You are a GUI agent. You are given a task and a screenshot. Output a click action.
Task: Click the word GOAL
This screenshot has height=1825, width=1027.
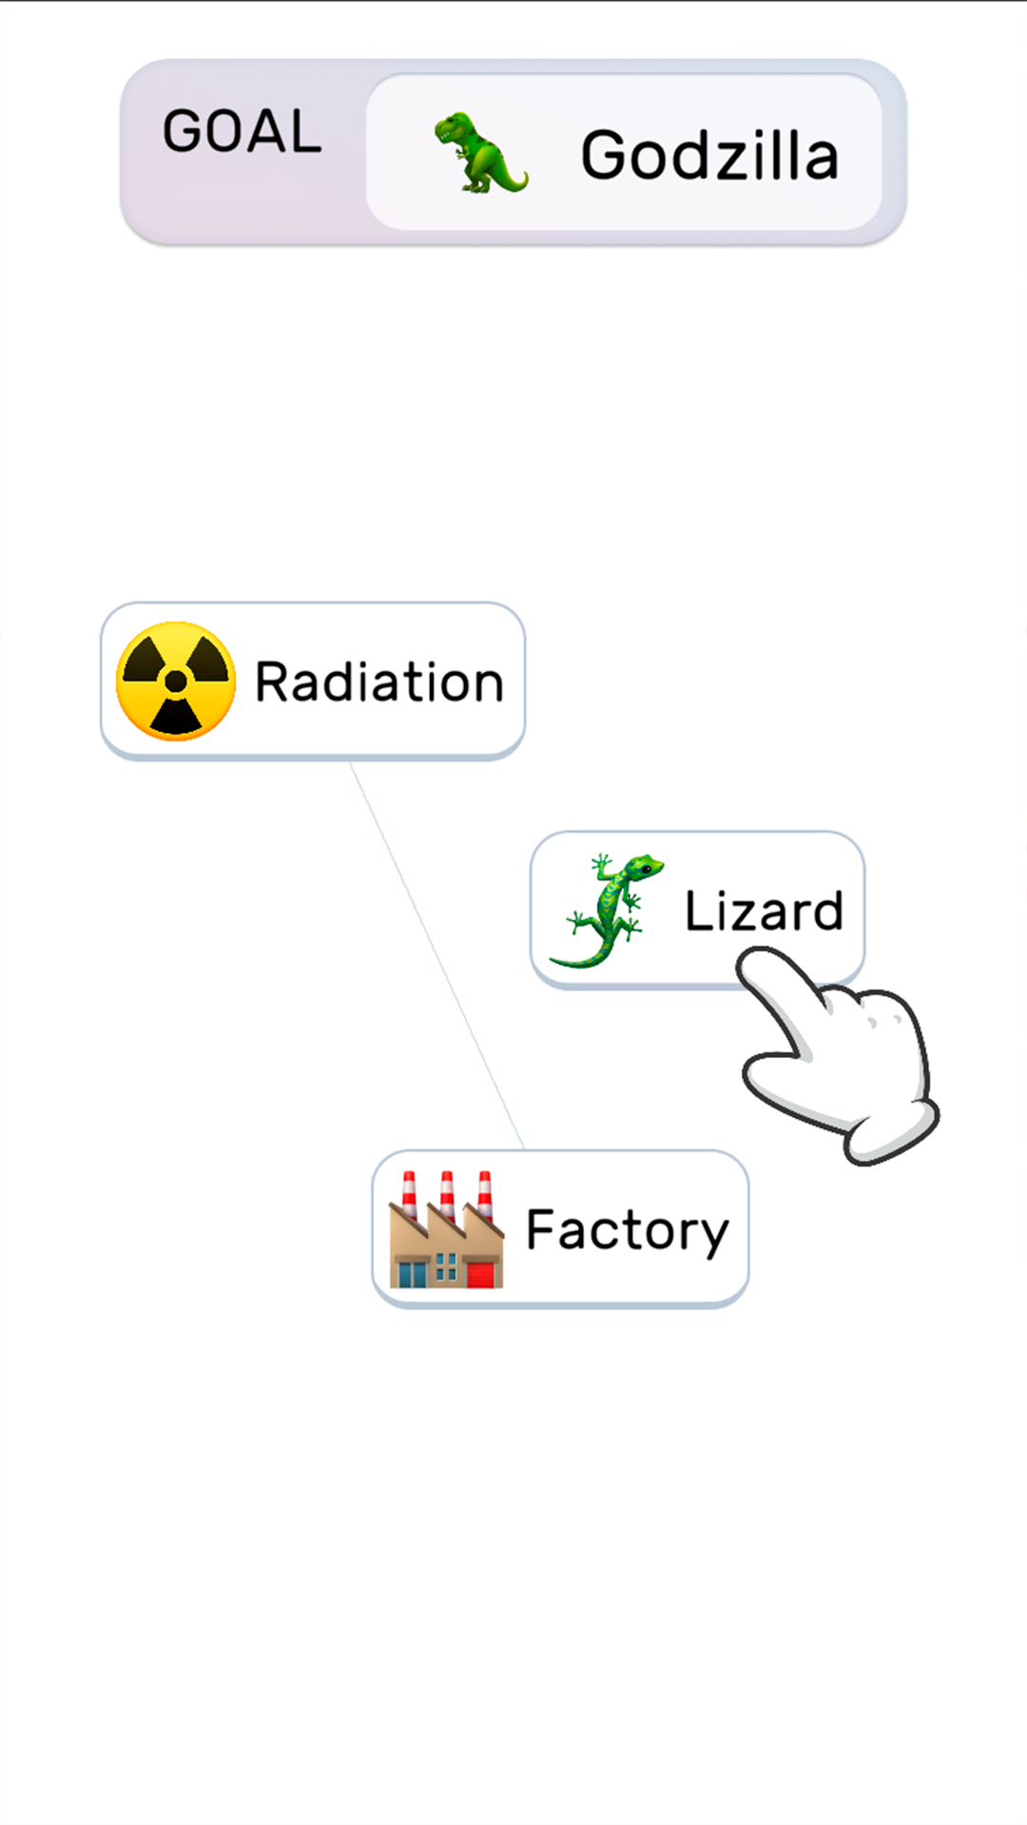[242, 131]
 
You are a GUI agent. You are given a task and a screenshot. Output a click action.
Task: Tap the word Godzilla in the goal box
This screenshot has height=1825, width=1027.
[709, 155]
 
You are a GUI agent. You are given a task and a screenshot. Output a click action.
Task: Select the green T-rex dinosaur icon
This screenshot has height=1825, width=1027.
[478, 152]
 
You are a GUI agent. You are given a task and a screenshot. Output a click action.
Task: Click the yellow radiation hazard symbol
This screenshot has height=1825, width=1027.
[176, 681]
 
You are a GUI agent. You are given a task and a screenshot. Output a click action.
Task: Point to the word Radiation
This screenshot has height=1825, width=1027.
[378, 682]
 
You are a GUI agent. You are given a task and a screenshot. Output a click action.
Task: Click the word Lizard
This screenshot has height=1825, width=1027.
[764, 911]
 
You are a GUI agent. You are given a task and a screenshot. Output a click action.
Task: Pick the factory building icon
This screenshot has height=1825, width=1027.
[446, 1232]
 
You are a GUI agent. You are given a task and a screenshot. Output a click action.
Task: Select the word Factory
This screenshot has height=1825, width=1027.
[627, 1230]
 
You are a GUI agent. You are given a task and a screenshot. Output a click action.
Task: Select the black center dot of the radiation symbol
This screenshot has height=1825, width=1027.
[176, 681]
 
